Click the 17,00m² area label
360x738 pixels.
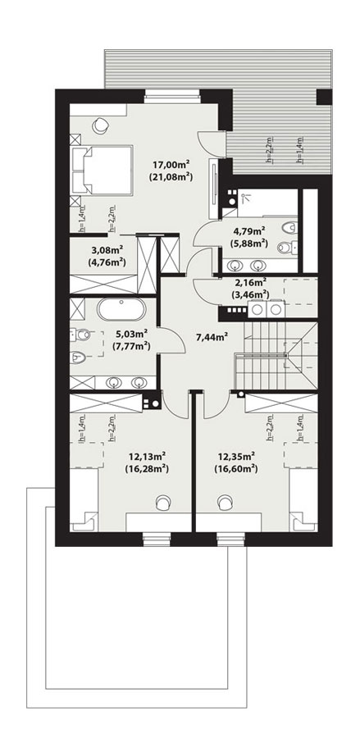tap(171, 162)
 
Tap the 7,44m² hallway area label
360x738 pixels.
tap(211, 335)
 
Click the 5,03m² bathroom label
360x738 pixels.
tap(132, 334)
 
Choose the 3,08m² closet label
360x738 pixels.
tap(107, 250)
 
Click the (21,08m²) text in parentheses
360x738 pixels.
tap(171, 175)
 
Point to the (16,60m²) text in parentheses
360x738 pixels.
tap(238, 469)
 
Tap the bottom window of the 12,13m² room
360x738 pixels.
tap(153, 539)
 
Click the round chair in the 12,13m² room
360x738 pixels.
tap(165, 502)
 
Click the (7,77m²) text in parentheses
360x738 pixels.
tap(132, 346)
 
